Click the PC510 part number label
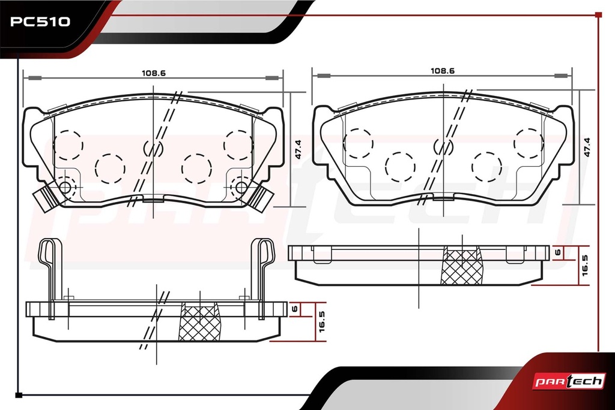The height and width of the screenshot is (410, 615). click(x=40, y=22)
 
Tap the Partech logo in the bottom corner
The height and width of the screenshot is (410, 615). click(x=569, y=381)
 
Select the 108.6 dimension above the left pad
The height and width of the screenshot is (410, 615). click(x=154, y=73)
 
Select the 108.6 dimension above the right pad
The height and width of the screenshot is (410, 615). click(x=443, y=71)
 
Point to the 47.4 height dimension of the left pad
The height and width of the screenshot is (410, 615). click(x=298, y=149)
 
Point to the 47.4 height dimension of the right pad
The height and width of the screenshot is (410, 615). click(x=587, y=147)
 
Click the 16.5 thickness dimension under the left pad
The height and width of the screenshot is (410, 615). click(x=322, y=321)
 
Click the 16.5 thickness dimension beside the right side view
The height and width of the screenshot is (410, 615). click(x=585, y=265)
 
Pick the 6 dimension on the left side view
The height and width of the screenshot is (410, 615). click(x=295, y=309)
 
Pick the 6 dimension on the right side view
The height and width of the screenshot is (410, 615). click(x=558, y=252)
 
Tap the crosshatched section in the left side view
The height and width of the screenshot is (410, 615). click(x=199, y=321)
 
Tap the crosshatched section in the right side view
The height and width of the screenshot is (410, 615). click(x=462, y=265)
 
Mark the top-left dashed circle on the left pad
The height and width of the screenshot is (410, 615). click(x=68, y=145)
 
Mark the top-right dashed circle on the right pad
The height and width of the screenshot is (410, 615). click(x=529, y=143)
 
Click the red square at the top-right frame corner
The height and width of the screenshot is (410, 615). click(x=598, y=15)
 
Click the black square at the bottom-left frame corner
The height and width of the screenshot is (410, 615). click(x=19, y=395)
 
